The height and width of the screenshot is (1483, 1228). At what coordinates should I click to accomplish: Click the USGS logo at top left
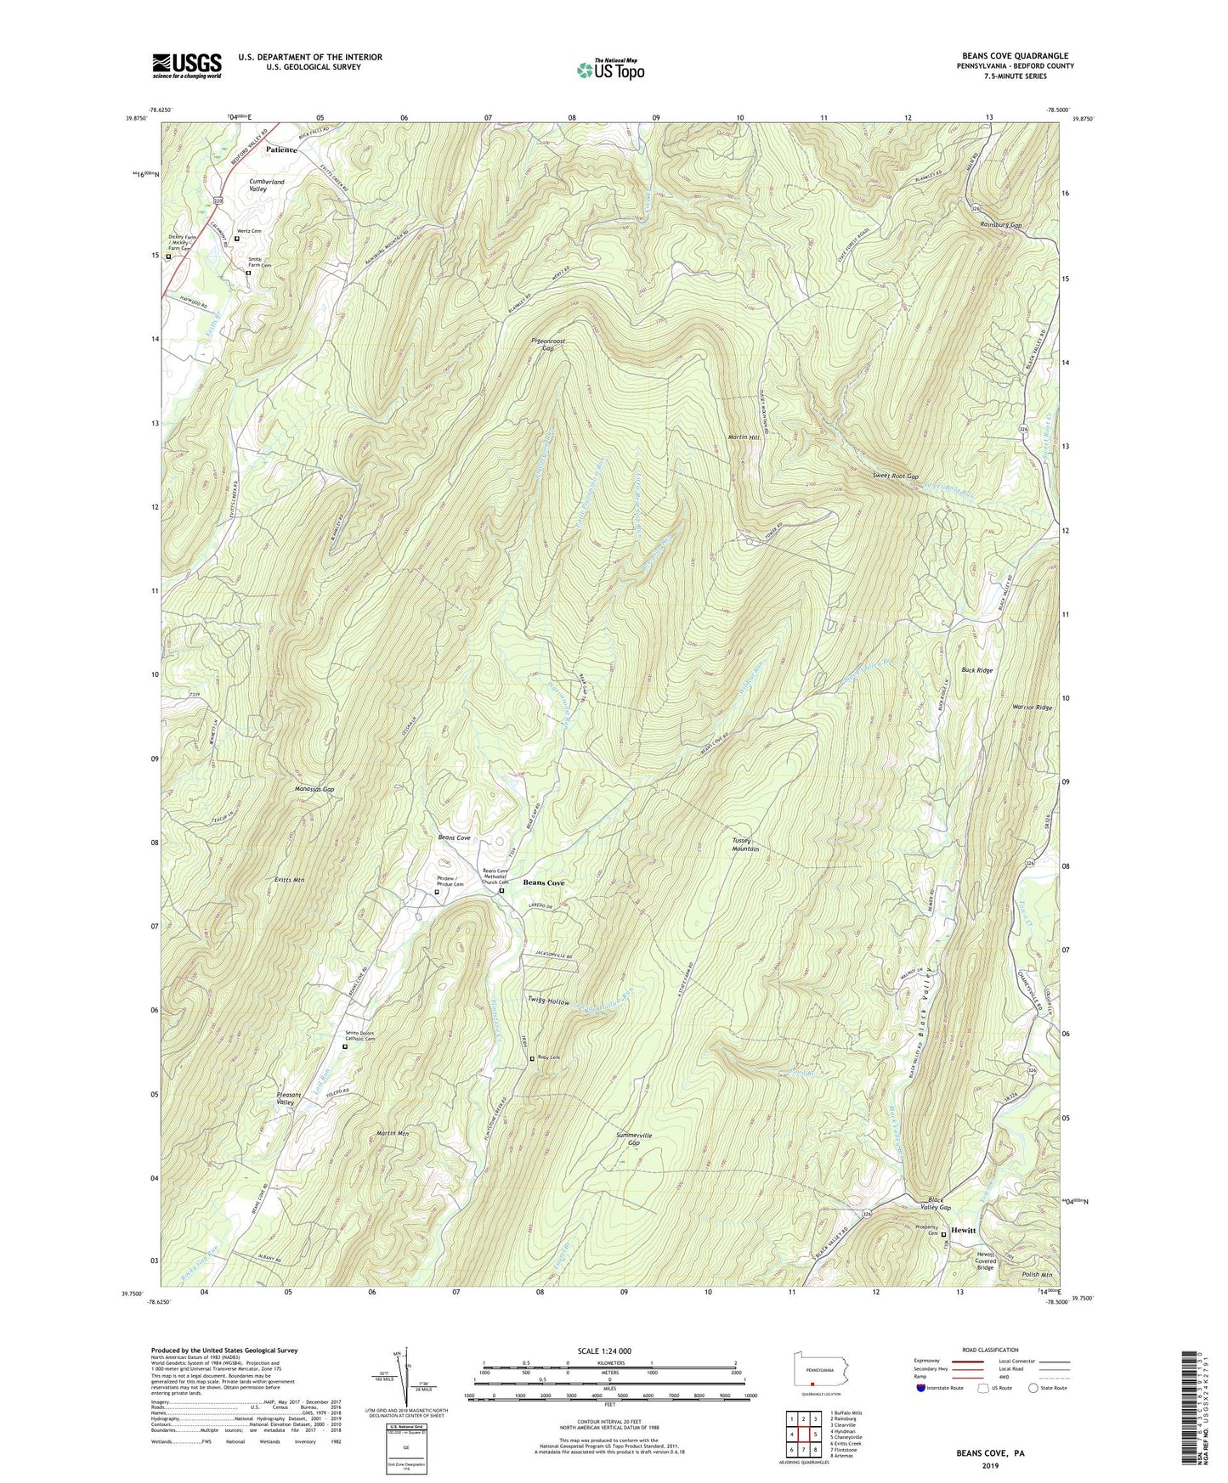(187, 65)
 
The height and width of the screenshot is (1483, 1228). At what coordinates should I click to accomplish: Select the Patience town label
(281, 149)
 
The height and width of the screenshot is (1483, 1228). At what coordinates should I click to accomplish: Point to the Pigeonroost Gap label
(548, 345)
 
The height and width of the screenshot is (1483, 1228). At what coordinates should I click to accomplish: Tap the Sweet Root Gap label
(895, 477)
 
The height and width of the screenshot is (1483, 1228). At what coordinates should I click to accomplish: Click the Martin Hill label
(743, 437)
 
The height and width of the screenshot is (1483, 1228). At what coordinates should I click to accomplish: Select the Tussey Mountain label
(745, 844)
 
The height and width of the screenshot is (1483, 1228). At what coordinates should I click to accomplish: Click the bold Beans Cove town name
(544, 882)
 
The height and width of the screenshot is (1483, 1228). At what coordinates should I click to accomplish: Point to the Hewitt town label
(964, 1230)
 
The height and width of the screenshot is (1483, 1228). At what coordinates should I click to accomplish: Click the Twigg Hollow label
(548, 1002)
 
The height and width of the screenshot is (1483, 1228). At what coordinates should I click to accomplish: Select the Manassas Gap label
(315, 789)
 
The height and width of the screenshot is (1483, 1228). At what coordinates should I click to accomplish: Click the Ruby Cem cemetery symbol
(532, 1058)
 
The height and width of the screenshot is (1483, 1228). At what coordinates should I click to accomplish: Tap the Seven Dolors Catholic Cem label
(359, 1036)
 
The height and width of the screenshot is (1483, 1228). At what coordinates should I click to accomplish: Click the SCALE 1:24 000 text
(604, 1350)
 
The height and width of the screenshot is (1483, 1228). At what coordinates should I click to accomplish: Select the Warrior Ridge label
(1032, 708)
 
